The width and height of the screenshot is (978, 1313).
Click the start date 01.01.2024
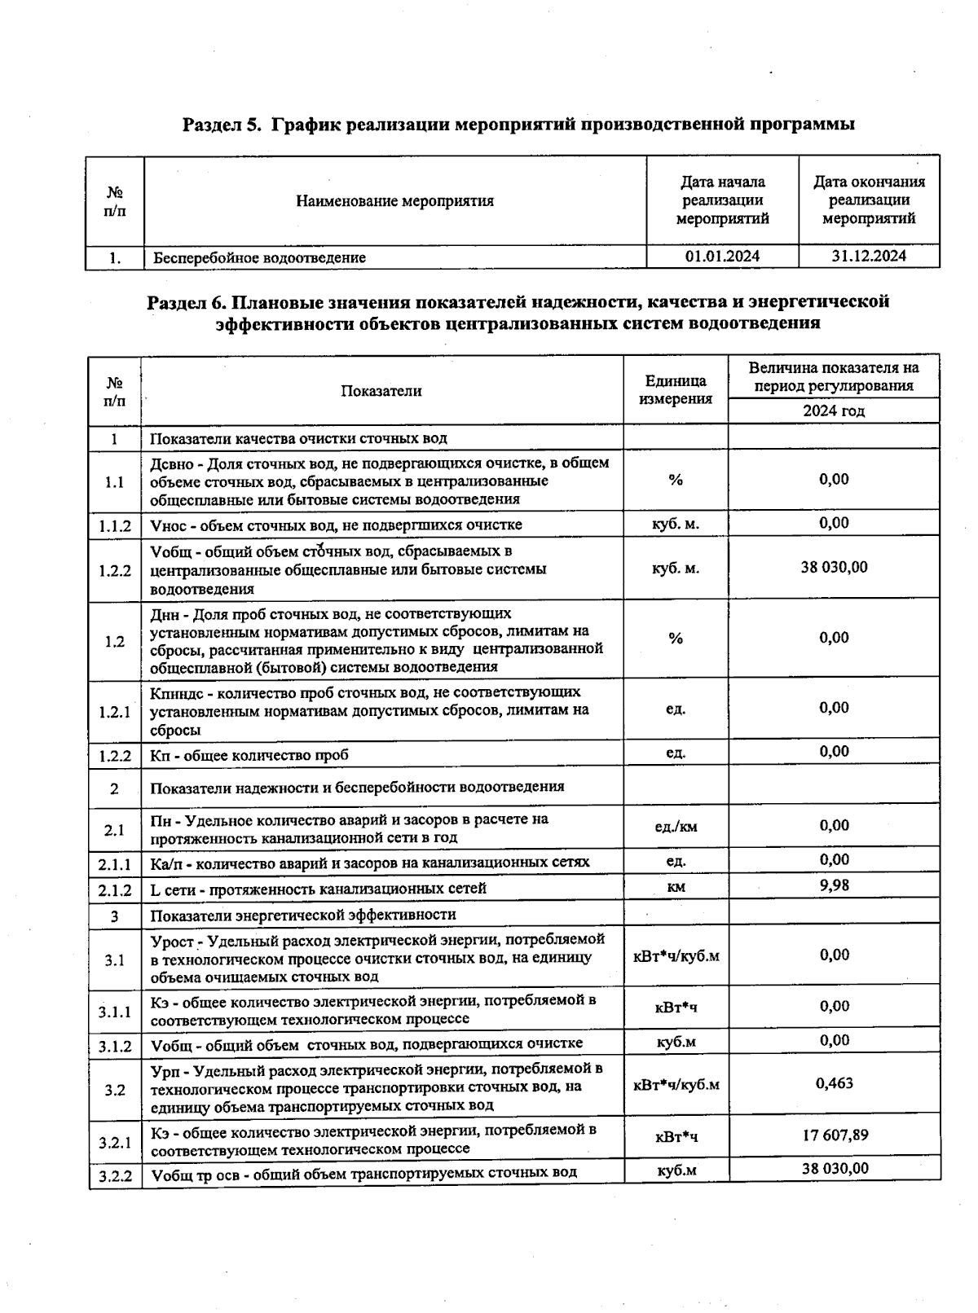[x=722, y=257]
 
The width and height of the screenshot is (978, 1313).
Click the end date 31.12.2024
[x=869, y=256]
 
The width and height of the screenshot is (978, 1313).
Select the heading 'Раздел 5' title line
[x=518, y=125]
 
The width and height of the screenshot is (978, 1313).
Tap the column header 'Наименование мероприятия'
[x=394, y=201]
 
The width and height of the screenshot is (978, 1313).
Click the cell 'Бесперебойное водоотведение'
[x=260, y=258]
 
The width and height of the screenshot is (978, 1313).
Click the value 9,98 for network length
[x=835, y=885]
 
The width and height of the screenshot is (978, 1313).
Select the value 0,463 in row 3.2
[x=835, y=1083]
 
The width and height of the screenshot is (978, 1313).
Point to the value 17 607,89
[x=835, y=1135]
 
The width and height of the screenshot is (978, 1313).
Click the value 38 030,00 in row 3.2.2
[x=835, y=1169]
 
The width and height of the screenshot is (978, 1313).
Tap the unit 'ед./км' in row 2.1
[x=676, y=828]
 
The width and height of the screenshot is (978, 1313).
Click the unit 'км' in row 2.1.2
[x=676, y=887]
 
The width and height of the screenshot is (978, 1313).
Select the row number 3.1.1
[x=115, y=1012]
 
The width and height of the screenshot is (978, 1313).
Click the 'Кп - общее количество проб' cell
[x=249, y=755]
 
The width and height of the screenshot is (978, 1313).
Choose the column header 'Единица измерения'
[x=676, y=390]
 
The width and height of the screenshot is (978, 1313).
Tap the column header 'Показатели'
[x=381, y=391]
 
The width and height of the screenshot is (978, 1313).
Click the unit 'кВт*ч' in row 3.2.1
[x=676, y=1136]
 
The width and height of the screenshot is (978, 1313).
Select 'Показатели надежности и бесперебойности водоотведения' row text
[x=357, y=788]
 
